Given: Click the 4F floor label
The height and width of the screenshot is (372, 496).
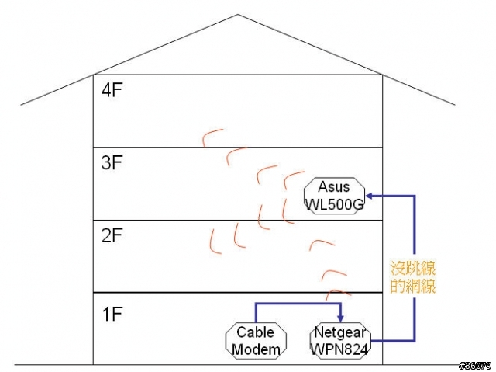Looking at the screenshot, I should point(113,90).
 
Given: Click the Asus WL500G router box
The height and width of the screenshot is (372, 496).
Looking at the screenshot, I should point(334,195).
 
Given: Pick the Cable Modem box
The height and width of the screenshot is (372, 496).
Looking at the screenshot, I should point(256,342).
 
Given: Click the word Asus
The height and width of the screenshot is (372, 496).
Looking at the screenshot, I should point(334,187).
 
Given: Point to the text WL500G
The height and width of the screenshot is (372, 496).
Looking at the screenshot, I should point(334,203).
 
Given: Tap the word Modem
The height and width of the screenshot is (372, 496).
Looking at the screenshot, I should point(256,350).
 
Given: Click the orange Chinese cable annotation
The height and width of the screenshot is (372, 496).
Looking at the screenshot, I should point(412,277).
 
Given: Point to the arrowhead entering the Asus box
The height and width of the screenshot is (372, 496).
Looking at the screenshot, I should point(370,195).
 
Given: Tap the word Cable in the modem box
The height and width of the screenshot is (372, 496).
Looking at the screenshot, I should point(256,333).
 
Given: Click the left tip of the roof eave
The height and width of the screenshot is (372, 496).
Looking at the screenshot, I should point(22,104).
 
